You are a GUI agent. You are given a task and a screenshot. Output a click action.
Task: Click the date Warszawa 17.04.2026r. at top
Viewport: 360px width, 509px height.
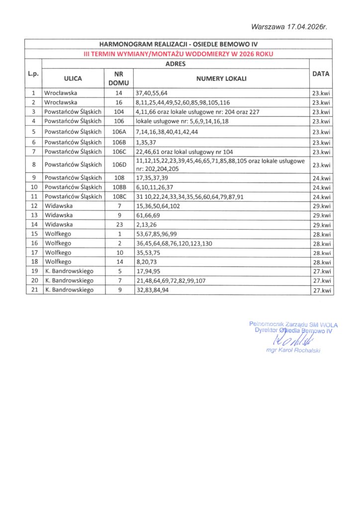click(x=292, y=26)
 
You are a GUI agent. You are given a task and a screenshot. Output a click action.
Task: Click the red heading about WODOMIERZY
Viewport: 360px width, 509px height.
click(x=179, y=54)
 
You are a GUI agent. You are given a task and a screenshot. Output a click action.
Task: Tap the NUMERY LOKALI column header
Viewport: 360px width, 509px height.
click(x=221, y=79)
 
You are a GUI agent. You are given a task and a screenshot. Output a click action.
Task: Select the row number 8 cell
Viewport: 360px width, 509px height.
click(x=33, y=165)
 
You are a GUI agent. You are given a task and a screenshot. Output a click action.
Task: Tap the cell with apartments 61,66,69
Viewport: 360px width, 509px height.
click(x=148, y=215)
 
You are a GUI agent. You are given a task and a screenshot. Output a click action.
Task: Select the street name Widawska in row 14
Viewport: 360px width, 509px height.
click(x=59, y=225)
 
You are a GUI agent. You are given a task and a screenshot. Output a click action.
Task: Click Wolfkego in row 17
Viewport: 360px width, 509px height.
click(x=58, y=253)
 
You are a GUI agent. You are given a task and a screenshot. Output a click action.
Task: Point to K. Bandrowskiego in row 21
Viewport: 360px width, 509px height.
click(x=69, y=290)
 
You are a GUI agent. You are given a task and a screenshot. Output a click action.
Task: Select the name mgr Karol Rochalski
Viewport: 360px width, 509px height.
click(x=293, y=350)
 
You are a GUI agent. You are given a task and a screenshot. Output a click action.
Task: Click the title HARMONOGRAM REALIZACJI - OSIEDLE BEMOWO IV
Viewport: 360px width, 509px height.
click(x=179, y=44)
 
